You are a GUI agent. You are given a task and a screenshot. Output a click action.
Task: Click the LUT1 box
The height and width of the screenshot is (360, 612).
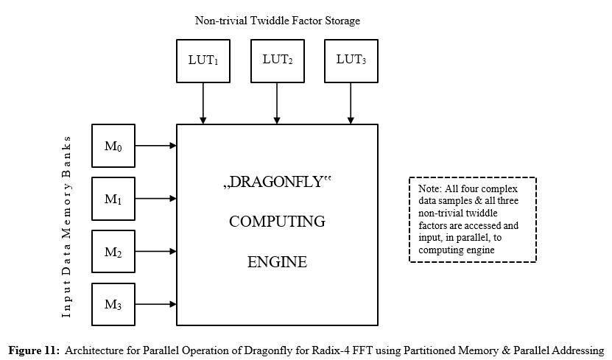(x=203, y=60)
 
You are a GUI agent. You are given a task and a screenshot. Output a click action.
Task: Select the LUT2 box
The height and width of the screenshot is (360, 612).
(x=277, y=60)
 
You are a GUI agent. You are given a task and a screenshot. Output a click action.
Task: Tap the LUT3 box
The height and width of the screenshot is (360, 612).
(x=351, y=60)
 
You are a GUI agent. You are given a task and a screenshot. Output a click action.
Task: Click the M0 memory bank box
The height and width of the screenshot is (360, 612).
(x=113, y=146)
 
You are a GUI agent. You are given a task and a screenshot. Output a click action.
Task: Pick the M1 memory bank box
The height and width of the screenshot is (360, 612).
(x=113, y=199)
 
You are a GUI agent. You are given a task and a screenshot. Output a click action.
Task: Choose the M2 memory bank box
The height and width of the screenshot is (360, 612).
(x=113, y=252)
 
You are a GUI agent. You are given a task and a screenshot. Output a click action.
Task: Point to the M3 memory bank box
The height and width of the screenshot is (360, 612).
(x=113, y=304)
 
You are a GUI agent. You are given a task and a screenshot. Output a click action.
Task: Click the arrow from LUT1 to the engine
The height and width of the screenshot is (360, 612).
(x=203, y=103)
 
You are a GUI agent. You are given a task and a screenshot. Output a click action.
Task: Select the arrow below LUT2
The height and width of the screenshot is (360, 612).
(x=277, y=103)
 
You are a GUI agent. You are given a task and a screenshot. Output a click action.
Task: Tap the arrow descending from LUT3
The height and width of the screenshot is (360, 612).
(x=351, y=103)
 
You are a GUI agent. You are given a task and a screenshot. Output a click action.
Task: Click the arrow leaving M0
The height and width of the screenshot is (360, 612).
(x=156, y=146)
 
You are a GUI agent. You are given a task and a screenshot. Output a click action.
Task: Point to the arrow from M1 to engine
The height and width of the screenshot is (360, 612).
(x=156, y=199)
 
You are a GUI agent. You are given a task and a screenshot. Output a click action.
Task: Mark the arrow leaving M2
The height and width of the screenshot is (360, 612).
(x=156, y=252)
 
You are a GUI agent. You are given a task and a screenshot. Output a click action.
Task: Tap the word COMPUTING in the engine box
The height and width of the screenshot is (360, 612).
(x=277, y=222)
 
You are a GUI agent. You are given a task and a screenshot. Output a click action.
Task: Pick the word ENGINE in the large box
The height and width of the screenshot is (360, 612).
(x=277, y=261)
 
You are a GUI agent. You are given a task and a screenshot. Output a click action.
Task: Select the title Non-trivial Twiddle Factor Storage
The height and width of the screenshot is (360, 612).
(x=278, y=21)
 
